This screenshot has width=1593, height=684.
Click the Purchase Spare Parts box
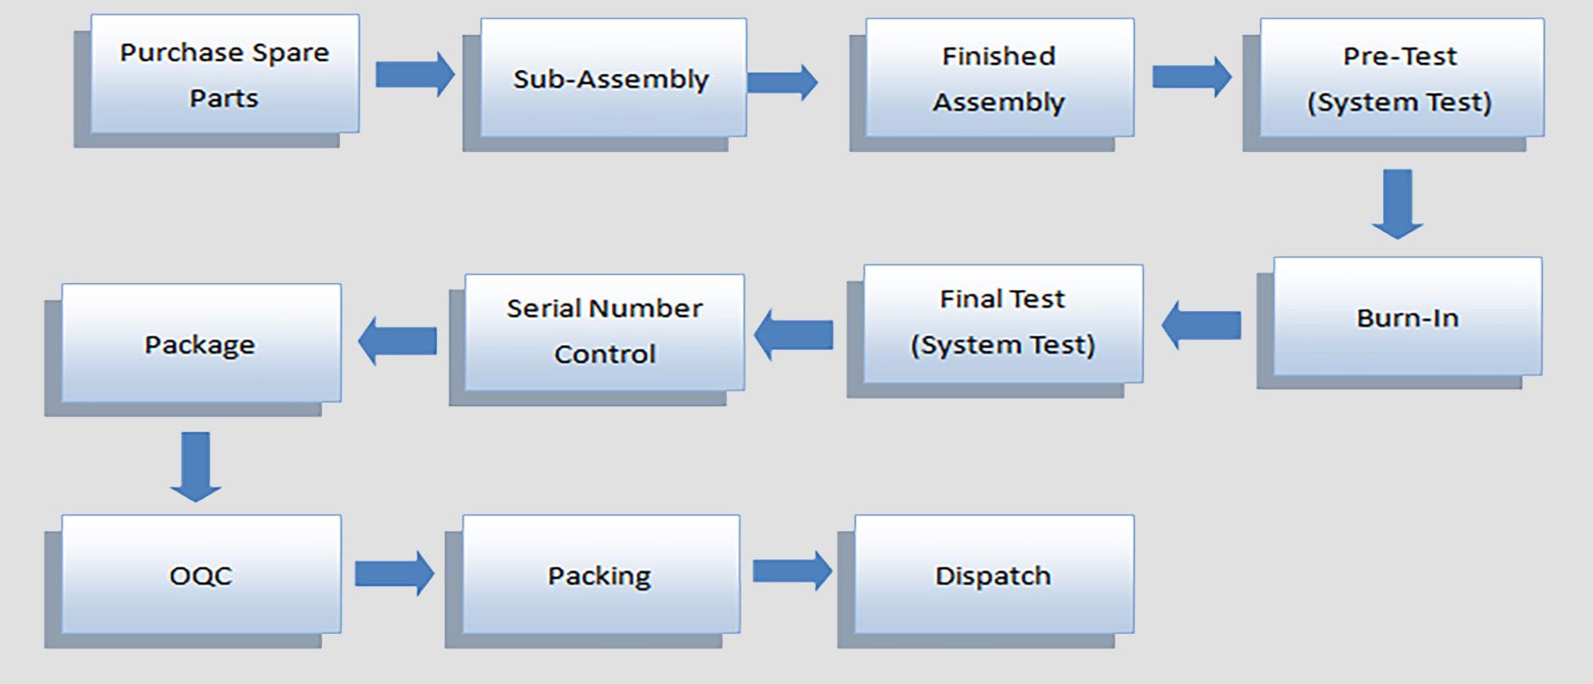pyautogui.click(x=224, y=75)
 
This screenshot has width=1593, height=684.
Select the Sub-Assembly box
pyautogui.click(x=613, y=78)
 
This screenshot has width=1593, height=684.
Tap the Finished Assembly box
pyautogui.click(x=999, y=78)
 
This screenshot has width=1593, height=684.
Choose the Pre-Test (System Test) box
pyautogui.click(x=1401, y=78)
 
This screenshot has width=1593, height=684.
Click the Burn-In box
pyautogui.click(x=1407, y=317)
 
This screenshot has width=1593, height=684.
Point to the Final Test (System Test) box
pyautogui.click(x=1003, y=323)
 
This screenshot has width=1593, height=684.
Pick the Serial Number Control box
pyautogui.click(x=604, y=331)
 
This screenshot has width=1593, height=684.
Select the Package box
pyautogui.click(x=201, y=343)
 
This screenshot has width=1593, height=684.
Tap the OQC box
pyautogui.click(x=201, y=574)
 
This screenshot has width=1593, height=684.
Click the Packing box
pyautogui.click(x=600, y=574)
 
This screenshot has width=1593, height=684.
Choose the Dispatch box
pyautogui.click(x=993, y=574)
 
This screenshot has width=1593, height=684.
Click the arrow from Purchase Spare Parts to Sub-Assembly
pyautogui.click(x=414, y=75)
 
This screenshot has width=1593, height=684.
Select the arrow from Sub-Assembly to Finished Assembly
pyautogui.click(x=782, y=82)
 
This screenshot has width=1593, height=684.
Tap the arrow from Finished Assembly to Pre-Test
pyautogui.click(x=1191, y=77)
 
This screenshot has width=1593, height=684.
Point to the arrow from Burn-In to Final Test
pyautogui.click(x=1201, y=325)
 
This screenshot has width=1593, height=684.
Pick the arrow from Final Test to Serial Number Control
pyautogui.click(x=793, y=335)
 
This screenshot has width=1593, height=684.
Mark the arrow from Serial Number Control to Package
pyautogui.click(x=397, y=341)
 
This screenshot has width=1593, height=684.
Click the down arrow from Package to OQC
pyautogui.click(x=196, y=466)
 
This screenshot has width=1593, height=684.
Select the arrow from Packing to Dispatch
pyautogui.click(x=791, y=571)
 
